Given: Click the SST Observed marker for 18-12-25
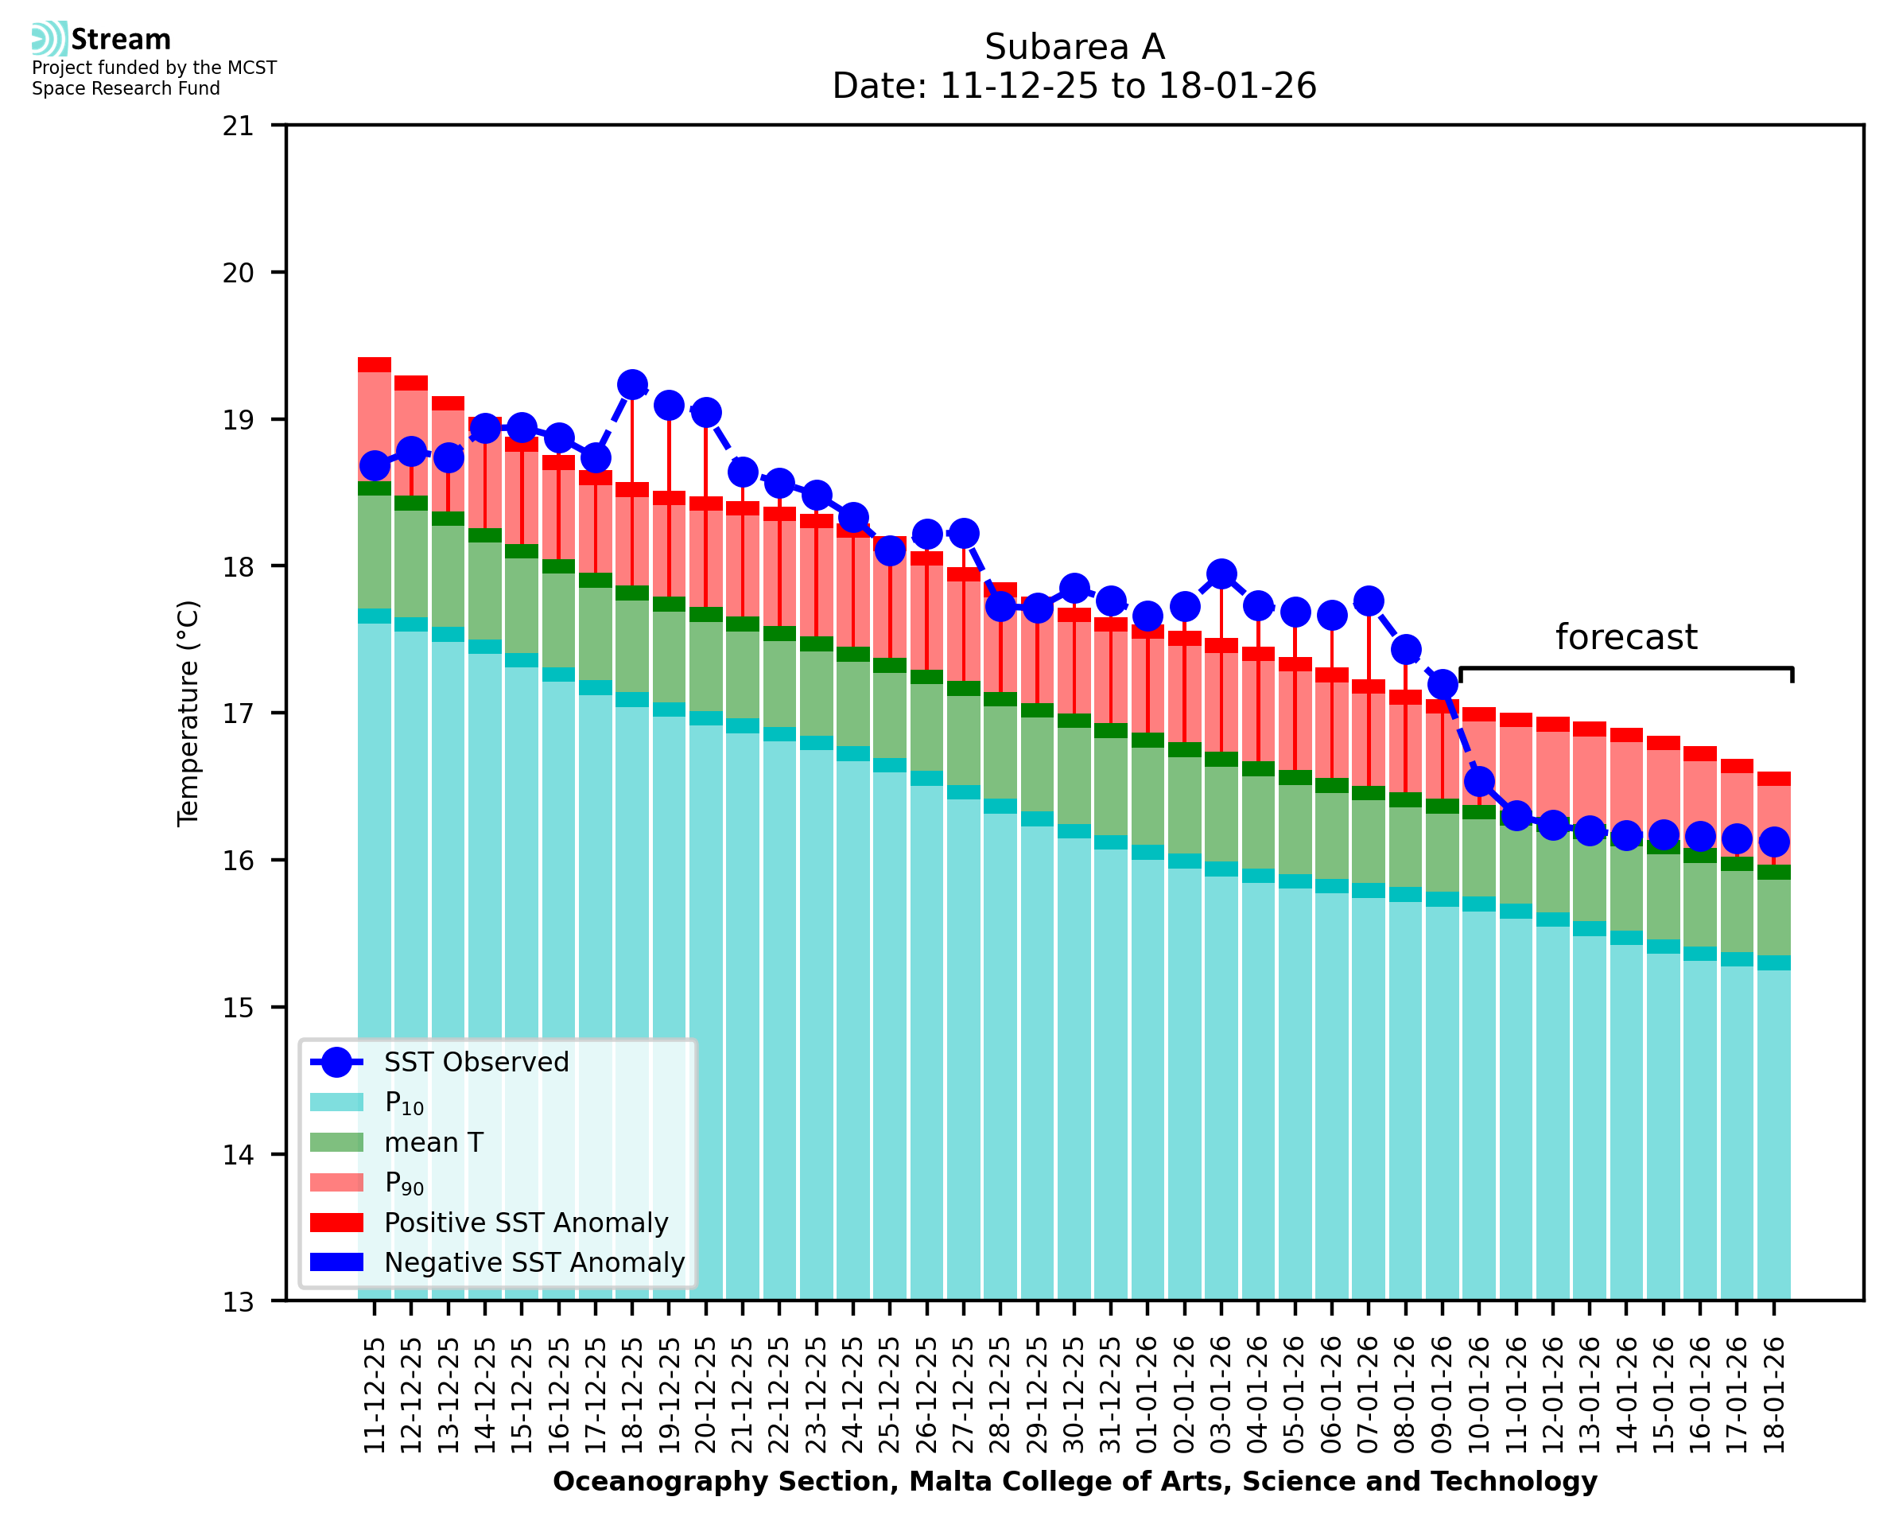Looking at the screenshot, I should [631, 385].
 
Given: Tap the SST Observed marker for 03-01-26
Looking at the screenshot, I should [1221, 573].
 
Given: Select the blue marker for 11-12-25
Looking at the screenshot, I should [375, 465].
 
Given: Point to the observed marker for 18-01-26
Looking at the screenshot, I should [1773, 842].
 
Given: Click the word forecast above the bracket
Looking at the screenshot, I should [1625, 637].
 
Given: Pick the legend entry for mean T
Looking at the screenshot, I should [433, 1142].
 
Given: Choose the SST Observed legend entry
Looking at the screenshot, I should [476, 1063].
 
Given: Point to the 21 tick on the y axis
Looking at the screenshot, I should [239, 126].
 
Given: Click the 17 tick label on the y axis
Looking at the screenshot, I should [239, 713].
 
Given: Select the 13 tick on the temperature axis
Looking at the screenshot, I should [239, 1301].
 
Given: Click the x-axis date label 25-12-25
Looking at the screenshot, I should [891, 1396].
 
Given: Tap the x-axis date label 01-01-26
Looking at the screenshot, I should [1148, 1396].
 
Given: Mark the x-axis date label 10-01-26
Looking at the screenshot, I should [1480, 1396].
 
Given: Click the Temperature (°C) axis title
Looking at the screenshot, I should [188, 713].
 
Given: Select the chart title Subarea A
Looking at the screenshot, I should [1074, 47].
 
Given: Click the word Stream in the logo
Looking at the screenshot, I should [121, 40].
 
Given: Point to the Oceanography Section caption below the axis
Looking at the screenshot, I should [1074, 1481].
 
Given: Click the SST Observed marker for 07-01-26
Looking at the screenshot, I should [1369, 601].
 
